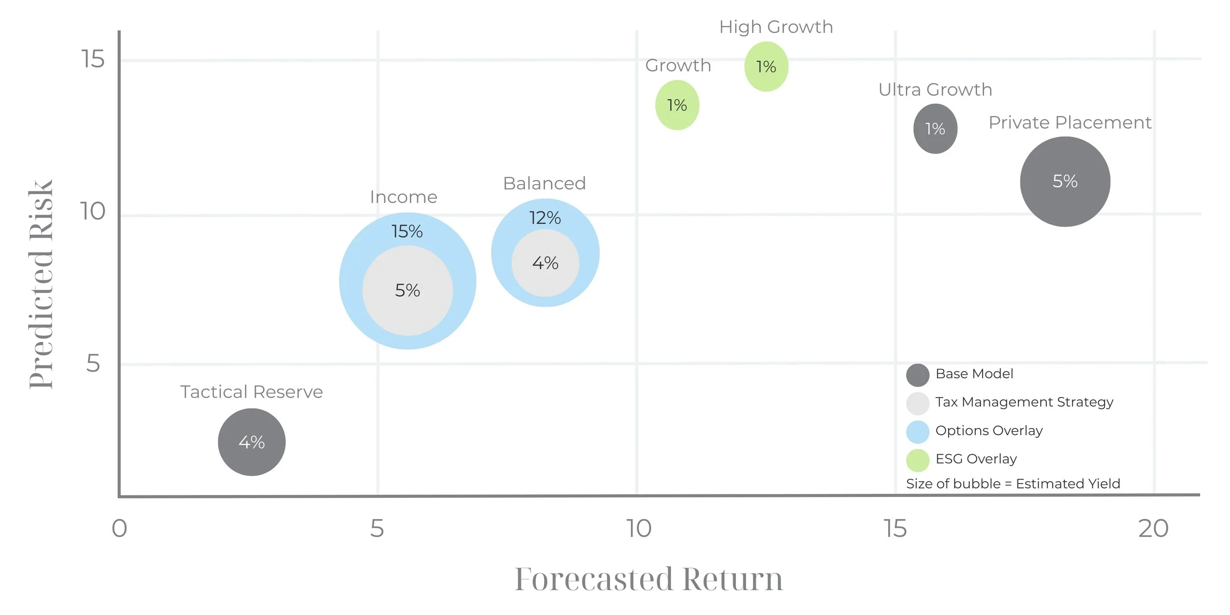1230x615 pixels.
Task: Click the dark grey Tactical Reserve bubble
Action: tap(251, 442)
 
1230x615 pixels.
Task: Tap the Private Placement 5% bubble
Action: tap(1065, 182)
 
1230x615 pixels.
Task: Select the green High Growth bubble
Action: tap(766, 66)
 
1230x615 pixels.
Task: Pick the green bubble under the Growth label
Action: tap(677, 105)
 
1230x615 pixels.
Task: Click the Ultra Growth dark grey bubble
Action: tap(935, 129)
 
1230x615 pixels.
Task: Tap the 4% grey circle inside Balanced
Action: tap(545, 263)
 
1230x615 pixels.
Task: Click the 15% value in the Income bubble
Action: tap(407, 231)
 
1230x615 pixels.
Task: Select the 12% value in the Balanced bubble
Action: tap(545, 217)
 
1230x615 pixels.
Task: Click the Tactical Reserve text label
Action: tap(251, 392)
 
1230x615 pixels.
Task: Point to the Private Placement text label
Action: tap(1070, 123)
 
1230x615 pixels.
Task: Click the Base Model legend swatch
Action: tap(918, 375)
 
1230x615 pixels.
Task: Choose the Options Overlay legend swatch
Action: tap(918, 432)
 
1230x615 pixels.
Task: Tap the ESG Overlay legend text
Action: tap(976, 459)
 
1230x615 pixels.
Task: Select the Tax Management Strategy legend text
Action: tap(1024, 402)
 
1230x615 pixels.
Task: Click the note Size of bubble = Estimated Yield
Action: tap(1013, 484)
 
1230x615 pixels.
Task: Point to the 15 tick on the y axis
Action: tap(93, 60)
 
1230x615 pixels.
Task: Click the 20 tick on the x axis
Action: tap(1153, 529)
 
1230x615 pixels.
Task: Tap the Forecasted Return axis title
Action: tap(648, 579)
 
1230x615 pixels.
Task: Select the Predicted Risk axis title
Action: tap(41, 284)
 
